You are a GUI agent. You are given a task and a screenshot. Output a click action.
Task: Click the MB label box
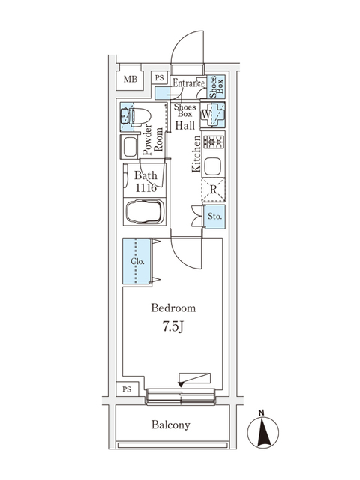[130, 78]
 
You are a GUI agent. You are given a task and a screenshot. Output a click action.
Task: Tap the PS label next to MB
[159, 77]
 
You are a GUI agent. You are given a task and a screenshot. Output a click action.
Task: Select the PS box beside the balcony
[127, 388]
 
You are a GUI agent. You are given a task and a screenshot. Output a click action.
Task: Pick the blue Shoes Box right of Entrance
[214, 88]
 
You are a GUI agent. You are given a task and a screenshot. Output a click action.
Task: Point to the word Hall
[186, 125]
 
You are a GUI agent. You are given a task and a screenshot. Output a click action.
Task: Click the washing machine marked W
[214, 115]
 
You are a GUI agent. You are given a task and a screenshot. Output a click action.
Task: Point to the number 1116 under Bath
[145, 189]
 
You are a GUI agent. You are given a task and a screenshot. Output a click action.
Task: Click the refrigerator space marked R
[214, 190]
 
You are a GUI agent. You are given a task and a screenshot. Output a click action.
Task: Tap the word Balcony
[170, 424]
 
